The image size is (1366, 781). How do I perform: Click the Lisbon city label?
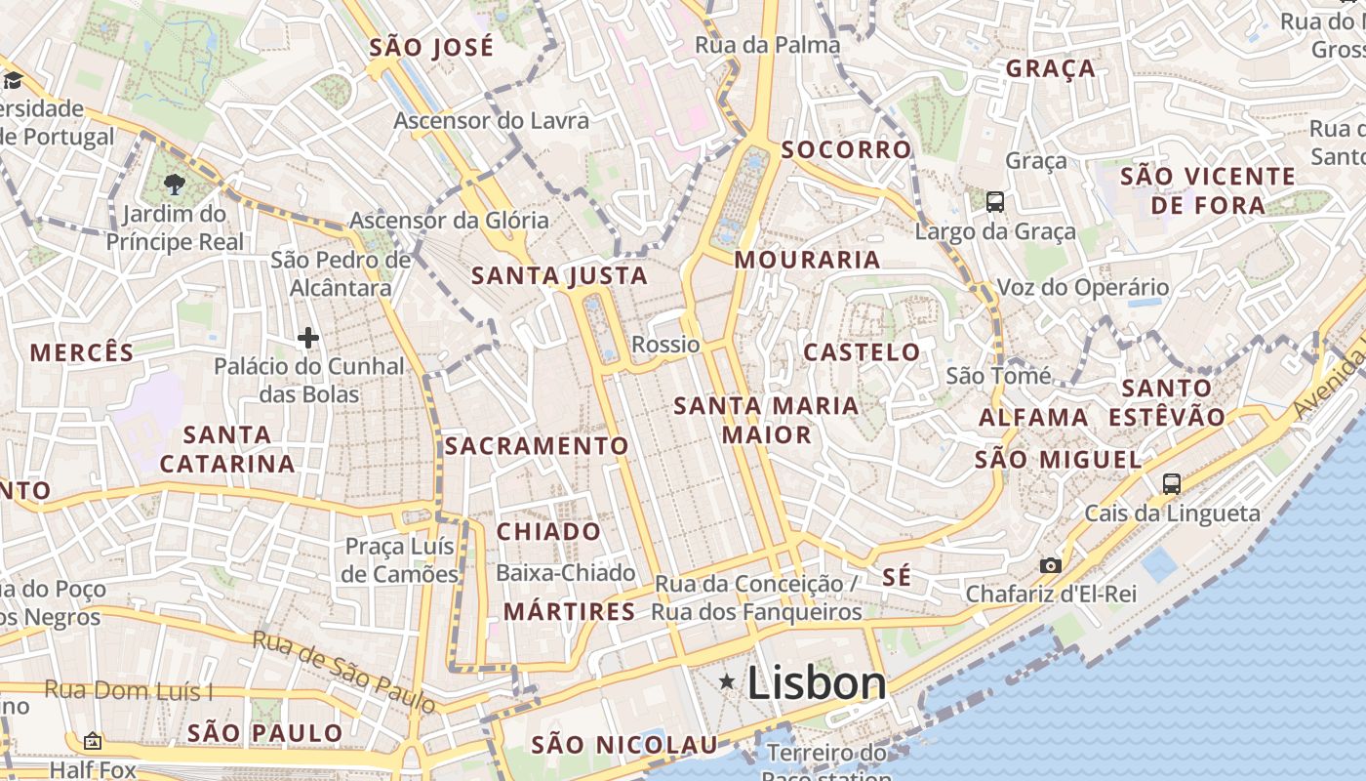coord(817,682)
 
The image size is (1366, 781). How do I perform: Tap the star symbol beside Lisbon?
coord(727,681)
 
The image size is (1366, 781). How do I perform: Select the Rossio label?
coord(665,345)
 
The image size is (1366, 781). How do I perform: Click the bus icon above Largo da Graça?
coord(995,202)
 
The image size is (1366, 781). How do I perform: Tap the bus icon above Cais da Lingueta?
coord(1171,483)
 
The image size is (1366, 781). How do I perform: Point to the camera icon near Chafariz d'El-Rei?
coord(1051,565)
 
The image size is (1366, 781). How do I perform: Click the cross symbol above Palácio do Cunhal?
coord(308,339)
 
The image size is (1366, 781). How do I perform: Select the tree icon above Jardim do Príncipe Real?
coord(175,184)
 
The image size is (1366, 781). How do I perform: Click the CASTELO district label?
coord(862,352)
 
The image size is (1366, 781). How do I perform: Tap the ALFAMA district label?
coord(1033,418)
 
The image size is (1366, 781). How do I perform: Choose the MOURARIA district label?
coord(808,260)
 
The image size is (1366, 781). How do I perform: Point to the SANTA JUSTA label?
coord(560,276)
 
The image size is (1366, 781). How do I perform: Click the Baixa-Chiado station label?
coord(566,573)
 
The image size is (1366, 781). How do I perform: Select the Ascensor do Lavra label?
coord(492,121)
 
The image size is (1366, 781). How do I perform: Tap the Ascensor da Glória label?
coord(449,221)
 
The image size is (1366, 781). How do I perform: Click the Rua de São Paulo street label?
coord(343,671)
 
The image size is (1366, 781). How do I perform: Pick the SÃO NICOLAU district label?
coord(624,746)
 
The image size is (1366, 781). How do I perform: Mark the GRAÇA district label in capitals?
coord(1051,69)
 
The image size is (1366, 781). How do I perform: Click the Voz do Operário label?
coord(1082,288)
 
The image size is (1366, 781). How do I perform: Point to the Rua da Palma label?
coord(767,45)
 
